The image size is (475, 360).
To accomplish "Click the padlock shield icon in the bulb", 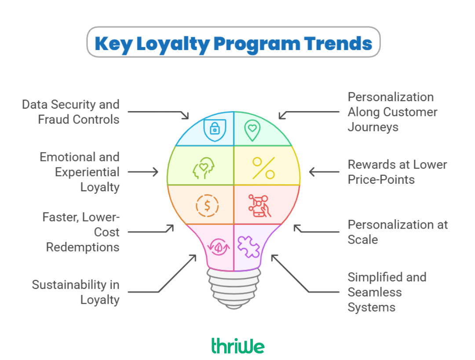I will click(215, 128).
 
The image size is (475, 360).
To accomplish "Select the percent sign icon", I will click(263, 168).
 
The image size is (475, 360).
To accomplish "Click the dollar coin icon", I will click(206, 205).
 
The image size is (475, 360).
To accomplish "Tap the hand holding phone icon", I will click(260, 205).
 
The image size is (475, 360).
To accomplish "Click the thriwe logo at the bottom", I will click(237, 345).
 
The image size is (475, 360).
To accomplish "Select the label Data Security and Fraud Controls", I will click(71, 112).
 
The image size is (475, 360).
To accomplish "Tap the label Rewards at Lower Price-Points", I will click(397, 172).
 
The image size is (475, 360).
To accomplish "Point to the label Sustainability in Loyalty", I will click(76, 292).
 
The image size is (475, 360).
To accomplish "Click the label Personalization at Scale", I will click(398, 232).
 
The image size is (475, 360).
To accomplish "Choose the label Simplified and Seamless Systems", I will click(387, 292).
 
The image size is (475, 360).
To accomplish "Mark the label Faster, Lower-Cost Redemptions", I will click(81, 232).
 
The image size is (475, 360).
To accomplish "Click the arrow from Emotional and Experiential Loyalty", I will click(143, 172).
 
